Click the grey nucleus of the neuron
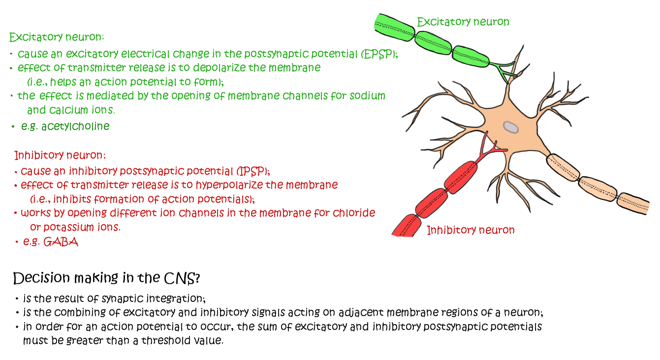coord(511,127)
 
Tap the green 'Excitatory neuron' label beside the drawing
coord(463,22)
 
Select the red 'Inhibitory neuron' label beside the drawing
coord(470,230)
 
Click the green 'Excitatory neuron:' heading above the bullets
coord(57,37)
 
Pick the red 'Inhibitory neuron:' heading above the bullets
coord(60,155)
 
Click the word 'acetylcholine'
coord(75,126)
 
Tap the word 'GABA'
coord(61,242)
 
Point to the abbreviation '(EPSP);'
coord(378,54)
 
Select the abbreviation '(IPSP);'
coord(253,171)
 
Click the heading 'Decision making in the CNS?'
coord(106,278)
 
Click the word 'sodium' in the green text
coord(367,96)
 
